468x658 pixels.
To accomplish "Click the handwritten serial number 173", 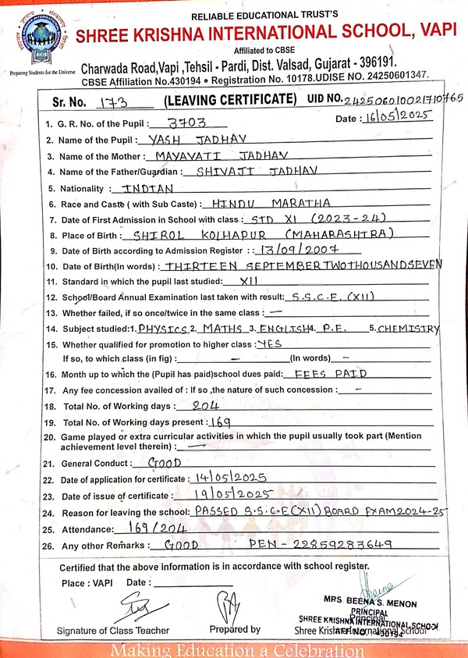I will (x=113, y=101).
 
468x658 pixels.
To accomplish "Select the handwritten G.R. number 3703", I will (x=185, y=123).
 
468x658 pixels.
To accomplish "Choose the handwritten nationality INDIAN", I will (x=143, y=189).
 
